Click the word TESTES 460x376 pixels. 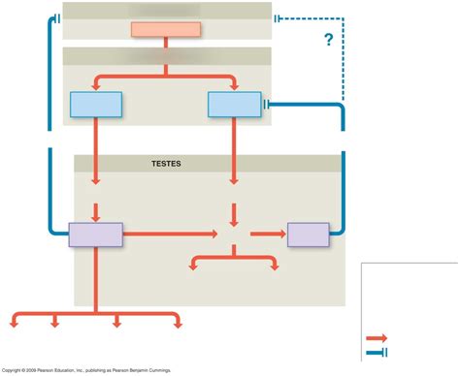166,164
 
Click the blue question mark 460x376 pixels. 329,40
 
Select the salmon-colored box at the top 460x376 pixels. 166,28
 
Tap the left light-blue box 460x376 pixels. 96,104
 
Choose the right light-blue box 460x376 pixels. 234,104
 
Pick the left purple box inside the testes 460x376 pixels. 95,234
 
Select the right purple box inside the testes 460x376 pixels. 308,234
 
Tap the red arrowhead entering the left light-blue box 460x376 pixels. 96,88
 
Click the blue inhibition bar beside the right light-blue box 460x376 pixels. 267,104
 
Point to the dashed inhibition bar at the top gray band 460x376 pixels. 279,17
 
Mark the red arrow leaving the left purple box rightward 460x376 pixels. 170,234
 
